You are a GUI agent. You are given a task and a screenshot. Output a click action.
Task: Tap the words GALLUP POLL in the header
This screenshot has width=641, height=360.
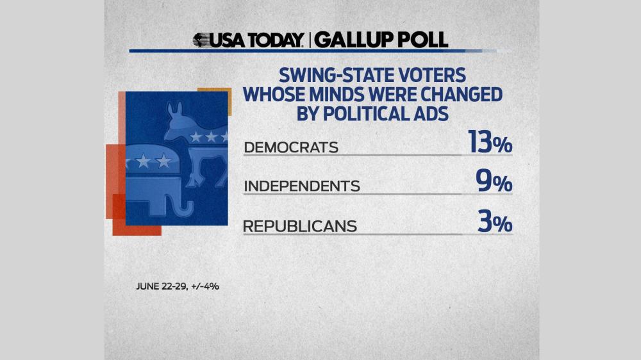click(381, 40)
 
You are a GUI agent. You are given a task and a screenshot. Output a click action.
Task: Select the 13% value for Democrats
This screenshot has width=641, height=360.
click(490, 144)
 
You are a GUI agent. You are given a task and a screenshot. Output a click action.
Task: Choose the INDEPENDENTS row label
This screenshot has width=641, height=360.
click(302, 186)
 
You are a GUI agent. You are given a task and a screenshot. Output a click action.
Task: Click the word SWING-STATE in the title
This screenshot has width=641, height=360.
click(318, 74)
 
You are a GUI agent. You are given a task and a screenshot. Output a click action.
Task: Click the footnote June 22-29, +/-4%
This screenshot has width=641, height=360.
click(178, 286)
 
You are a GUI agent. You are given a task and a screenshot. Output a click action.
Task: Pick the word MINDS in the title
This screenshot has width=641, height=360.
click(335, 94)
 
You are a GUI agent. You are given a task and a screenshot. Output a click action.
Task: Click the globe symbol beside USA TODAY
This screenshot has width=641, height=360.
click(203, 40)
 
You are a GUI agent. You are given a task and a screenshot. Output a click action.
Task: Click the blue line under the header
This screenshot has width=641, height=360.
click(320, 51)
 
